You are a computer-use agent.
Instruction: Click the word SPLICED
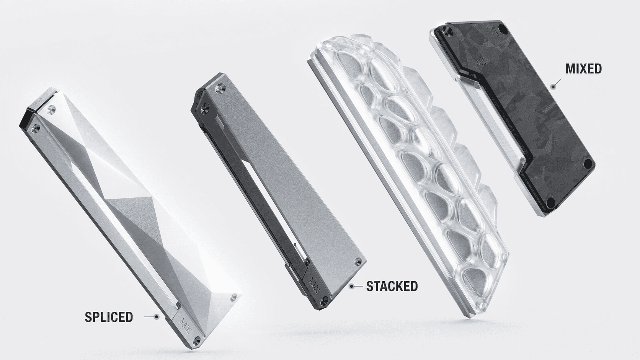(109, 317)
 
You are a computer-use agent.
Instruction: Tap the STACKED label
(392, 286)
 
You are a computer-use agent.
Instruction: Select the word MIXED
(584, 69)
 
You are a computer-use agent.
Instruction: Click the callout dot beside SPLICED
(156, 316)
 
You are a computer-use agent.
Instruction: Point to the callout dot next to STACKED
(352, 285)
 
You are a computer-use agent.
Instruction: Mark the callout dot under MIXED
(553, 86)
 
